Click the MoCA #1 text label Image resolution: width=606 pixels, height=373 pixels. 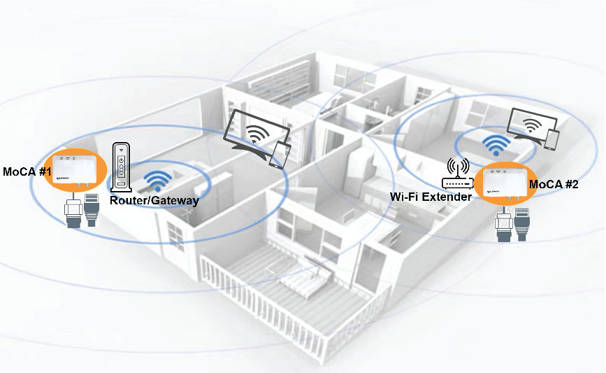27,171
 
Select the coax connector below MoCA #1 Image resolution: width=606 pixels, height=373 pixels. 71,211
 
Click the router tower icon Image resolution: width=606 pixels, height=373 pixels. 121,167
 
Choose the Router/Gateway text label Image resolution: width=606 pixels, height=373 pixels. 154,201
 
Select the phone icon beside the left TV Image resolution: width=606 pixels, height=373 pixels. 280,155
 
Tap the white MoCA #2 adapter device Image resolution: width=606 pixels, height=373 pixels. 502,185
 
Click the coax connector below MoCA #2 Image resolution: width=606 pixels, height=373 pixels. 501,225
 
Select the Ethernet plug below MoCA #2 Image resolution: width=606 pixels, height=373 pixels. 521,223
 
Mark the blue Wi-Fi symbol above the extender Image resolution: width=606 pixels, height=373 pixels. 496,145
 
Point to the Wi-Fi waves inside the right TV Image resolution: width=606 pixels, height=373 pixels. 533,125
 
